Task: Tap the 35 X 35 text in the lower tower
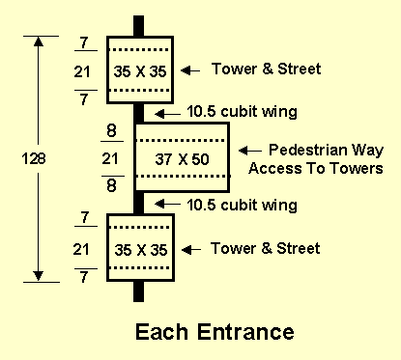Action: point(139,249)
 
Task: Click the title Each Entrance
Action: point(214,333)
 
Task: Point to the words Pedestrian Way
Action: point(314,151)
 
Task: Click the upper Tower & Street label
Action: point(266,69)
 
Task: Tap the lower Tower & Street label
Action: point(266,249)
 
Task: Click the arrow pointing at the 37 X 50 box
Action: point(247,151)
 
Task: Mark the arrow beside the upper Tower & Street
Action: point(192,69)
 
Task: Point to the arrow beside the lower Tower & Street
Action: point(192,249)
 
